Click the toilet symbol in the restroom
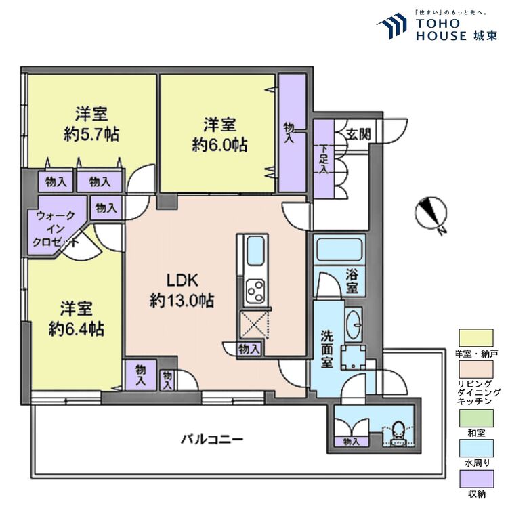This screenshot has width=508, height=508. [399, 431]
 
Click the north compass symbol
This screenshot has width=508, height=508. [430, 214]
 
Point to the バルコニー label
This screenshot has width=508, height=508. [211, 439]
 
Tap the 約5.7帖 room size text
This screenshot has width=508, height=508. [91, 133]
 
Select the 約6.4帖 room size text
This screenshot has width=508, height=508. [76, 329]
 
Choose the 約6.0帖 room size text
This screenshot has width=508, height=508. [219, 144]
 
